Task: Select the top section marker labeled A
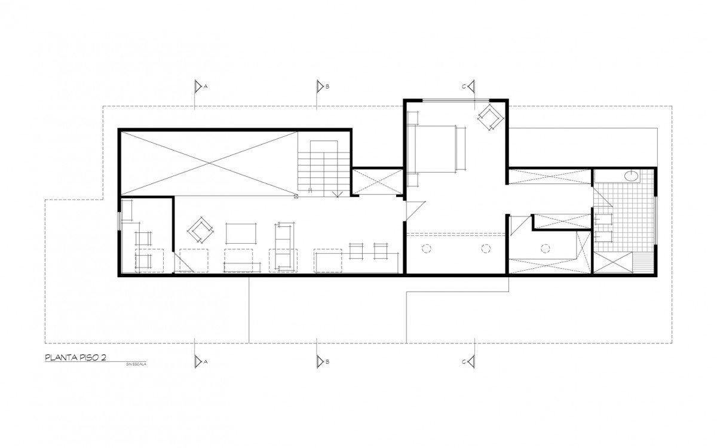pyautogui.click(x=198, y=87)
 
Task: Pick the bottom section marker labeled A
pyautogui.click(x=198, y=361)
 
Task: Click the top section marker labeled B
pyautogui.click(x=320, y=87)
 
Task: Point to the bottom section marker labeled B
pyautogui.click(x=320, y=361)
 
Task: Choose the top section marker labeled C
pyautogui.click(x=470, y=87)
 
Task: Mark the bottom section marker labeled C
pyautogui.click(x=470, y=361)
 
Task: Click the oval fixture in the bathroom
pyautogui.click(x=632, y=176)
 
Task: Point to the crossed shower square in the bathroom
pyautogui.click(x=613, y=263)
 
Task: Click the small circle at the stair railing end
pyautogui.click(x=296, y=195)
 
